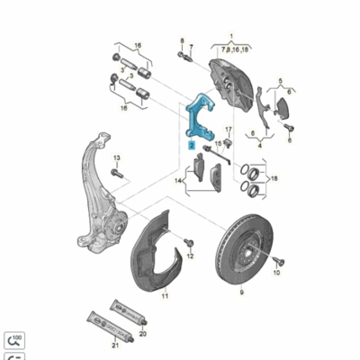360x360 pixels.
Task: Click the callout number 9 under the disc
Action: tap(242, 294)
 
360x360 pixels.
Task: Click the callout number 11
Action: tap(163, 294)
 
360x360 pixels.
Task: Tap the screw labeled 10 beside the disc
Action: tap(276, 259)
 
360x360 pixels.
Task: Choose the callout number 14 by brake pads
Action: tap(179, 181)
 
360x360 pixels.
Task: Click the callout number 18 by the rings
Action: tap(274, 179)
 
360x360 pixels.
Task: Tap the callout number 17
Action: tap(228, 131)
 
